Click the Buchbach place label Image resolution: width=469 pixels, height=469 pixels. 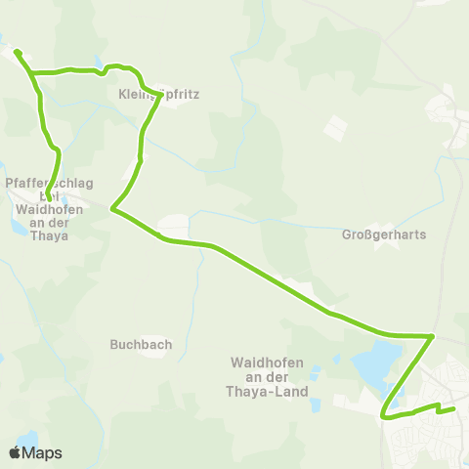142,344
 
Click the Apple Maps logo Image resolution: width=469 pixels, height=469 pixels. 15,452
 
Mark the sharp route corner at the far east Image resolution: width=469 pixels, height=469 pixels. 433,336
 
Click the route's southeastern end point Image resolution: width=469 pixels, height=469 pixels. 454,407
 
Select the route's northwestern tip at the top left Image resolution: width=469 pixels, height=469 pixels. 17,50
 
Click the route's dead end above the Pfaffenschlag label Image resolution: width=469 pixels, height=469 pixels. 48,201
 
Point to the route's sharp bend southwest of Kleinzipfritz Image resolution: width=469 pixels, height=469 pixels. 113,208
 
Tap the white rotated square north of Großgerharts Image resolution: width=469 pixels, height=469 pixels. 334,129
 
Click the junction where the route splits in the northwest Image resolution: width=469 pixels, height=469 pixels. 32,72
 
